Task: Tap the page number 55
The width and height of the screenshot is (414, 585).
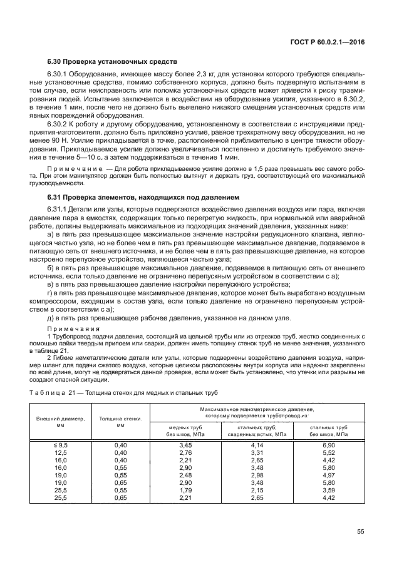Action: click(x=361, y=531)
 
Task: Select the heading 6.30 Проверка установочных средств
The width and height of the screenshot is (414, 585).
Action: click(x=113, y=62)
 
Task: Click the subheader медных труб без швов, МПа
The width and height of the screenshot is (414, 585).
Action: click(x=185, y=430)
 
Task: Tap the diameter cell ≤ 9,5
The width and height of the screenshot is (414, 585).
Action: click(x=60, y=444)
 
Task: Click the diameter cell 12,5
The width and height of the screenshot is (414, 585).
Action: click(x=60, y=451)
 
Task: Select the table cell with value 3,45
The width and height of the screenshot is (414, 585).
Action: click(x=185, y=444)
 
